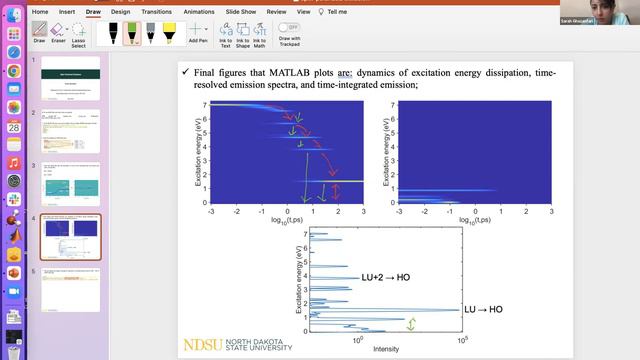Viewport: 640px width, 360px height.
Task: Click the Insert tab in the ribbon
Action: coord(67,12)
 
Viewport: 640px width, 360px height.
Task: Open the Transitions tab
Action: coord(156,12)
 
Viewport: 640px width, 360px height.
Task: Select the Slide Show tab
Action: coord(239,12)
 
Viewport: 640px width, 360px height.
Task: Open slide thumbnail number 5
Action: coord(69,283)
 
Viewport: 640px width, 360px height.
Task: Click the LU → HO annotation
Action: coord(483,310)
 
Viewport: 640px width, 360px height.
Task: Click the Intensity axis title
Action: coord(385,349)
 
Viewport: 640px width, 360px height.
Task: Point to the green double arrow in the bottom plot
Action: coord(410,323)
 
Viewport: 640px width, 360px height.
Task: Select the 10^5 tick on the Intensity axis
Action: coord(462,341)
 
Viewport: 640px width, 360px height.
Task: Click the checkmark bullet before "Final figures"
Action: coord(185,73)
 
